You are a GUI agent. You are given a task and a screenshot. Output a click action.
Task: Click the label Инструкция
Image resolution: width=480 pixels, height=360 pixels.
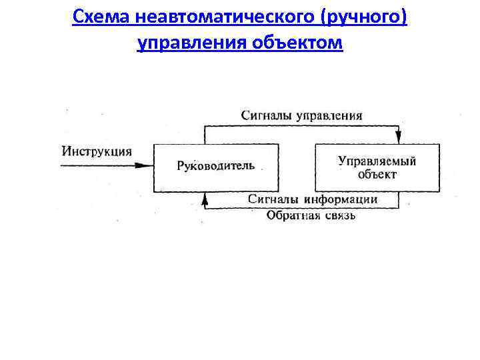click(x=97, y=151)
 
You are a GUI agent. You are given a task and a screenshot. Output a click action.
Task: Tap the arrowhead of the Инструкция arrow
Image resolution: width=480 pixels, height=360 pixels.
click(x=148, y=165)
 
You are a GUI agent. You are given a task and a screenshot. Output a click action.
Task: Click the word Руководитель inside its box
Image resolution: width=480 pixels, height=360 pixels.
click(x=215, y=165)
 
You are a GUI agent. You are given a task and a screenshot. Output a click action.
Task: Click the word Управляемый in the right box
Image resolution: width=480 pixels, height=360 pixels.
click(x=377, y=161)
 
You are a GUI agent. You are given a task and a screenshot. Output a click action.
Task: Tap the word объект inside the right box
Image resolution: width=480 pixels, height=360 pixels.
click(x=377, y=175)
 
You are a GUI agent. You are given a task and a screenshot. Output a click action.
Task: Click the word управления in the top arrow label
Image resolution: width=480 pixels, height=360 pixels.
click(x=330, y=115)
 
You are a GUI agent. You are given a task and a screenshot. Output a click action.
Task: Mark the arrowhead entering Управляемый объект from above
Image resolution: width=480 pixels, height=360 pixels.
click(x=399, y=138)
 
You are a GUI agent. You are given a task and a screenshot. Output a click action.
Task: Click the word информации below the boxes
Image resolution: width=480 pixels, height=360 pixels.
click(x=342, y=199)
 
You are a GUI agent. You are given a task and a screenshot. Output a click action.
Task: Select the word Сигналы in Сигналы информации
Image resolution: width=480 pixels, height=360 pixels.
click(x=275, y=199)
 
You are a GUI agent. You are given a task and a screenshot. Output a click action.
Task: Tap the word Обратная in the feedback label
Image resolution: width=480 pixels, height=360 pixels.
click(x=291, y=215)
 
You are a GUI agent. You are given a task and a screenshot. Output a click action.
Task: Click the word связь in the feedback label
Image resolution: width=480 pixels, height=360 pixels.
click(x=338, y=215)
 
